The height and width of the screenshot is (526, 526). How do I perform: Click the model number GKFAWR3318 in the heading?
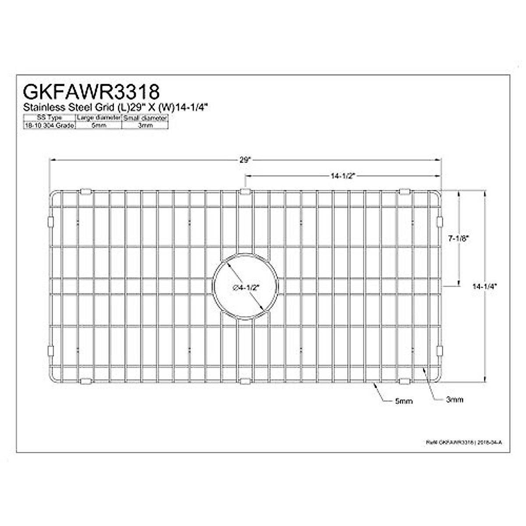tap(91, 92)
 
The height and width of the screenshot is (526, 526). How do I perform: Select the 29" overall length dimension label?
tap(245, 160)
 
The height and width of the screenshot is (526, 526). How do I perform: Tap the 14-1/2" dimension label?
tap(342, 176)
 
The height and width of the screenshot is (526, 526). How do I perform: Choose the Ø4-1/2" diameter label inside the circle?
tap(246, 288)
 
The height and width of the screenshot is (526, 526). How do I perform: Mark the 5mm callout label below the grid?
tap(404, 401)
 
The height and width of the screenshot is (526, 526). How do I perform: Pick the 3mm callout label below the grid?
tap(455, 400)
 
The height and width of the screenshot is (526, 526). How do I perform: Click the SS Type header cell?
tap(50, 118)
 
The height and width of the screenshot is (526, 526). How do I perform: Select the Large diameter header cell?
tap(99, 118)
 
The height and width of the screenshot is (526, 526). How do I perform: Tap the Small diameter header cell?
tap(145, 118)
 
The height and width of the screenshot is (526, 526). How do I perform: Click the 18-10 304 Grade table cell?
tap(50, 125)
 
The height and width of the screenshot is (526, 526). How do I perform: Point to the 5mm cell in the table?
tap(99, 125)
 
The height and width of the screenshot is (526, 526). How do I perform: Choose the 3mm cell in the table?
tap(145, 125)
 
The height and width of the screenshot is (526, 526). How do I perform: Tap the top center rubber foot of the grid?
tap(245, 192)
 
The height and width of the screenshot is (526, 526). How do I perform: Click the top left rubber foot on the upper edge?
tap(86, 191)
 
